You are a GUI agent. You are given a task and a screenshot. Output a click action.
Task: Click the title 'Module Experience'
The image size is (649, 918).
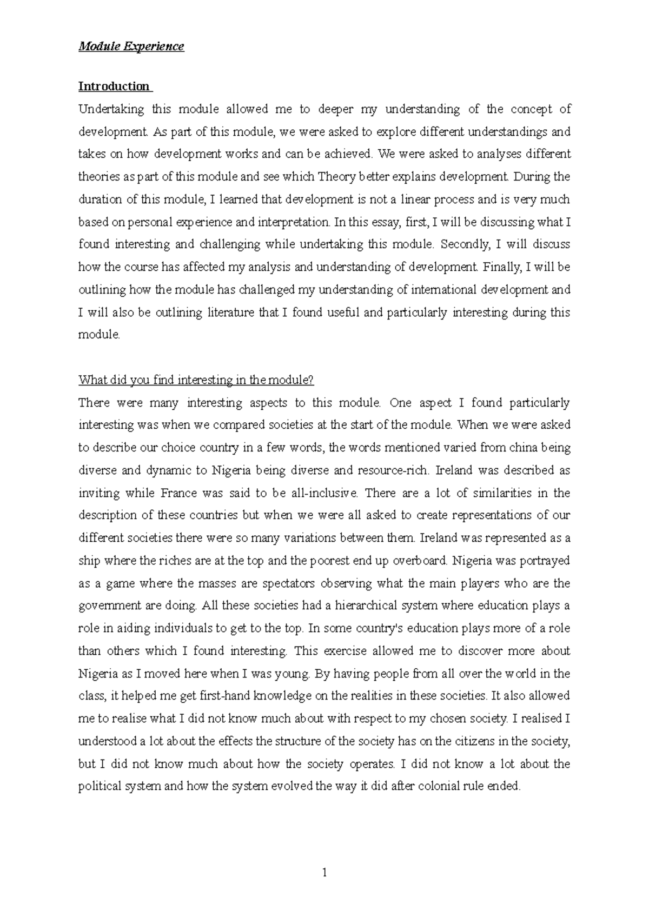point(131,46)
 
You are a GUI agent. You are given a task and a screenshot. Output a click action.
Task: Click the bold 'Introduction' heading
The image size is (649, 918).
point(114,87)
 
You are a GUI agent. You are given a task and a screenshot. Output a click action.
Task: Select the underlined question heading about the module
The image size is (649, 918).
point(196,380)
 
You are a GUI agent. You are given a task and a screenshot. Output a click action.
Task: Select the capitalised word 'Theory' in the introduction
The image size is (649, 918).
point(335,177)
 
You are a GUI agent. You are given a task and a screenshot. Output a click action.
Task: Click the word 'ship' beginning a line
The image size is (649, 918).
point(89,561)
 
